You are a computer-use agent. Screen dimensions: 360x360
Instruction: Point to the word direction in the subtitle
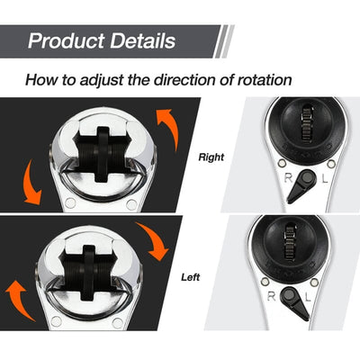pos(189,79)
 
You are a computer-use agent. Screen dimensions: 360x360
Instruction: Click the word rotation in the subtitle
pos(261,79)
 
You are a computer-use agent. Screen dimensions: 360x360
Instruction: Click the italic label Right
pos(210,157)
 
